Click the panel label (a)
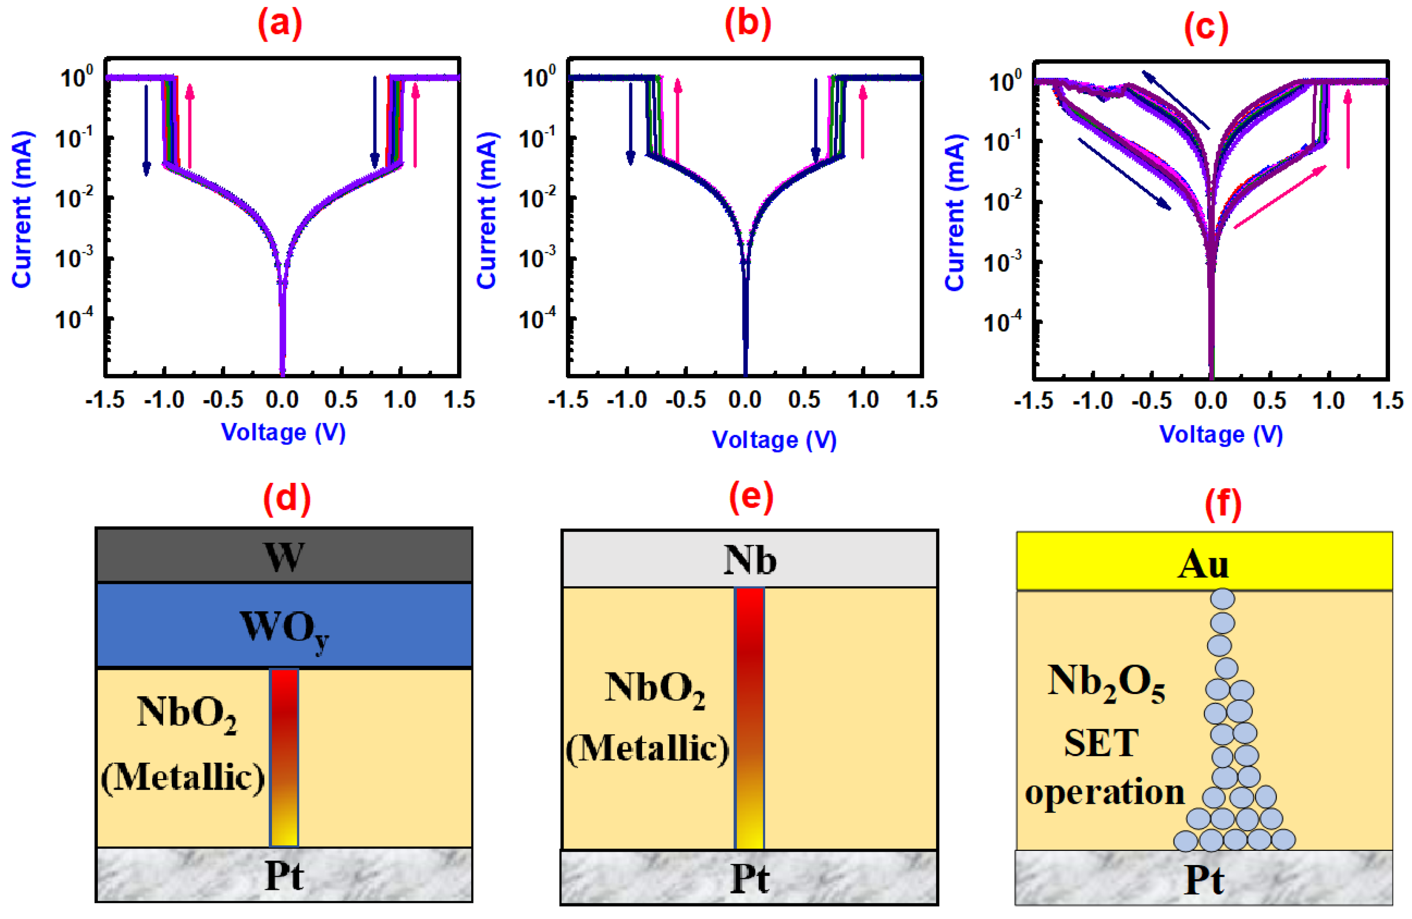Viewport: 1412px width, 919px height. click(x=279, y=24)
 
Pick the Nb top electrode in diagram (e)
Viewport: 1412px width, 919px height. click(x=749, y=560)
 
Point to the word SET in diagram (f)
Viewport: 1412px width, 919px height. click(x=1101, y=743)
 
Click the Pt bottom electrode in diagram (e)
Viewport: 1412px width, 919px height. click(x=749, y=878)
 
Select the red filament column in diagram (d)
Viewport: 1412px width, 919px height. click(x=283, y=756)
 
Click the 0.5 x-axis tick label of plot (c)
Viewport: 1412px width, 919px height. click(x=1269, y=401)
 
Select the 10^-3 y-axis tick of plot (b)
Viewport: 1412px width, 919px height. click(x=537, y=257)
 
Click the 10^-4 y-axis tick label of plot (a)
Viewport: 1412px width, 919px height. click(x=74, y=319)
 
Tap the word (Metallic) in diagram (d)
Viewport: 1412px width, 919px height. click(x=183, y=777)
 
